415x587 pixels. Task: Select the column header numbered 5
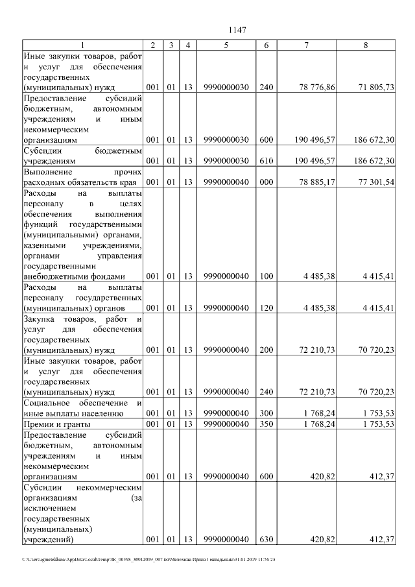[x=226, y=45]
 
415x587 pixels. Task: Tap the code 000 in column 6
[x=266, y=182]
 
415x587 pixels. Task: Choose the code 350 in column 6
[x=266, y=424]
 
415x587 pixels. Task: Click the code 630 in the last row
[x=266, y=540]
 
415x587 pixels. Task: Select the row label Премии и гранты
[x=56, y=424]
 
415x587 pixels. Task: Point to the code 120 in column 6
[x=266, y=308]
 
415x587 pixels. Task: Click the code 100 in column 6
[x=266, y=277]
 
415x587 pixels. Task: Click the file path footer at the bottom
[x=148, y=559]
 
